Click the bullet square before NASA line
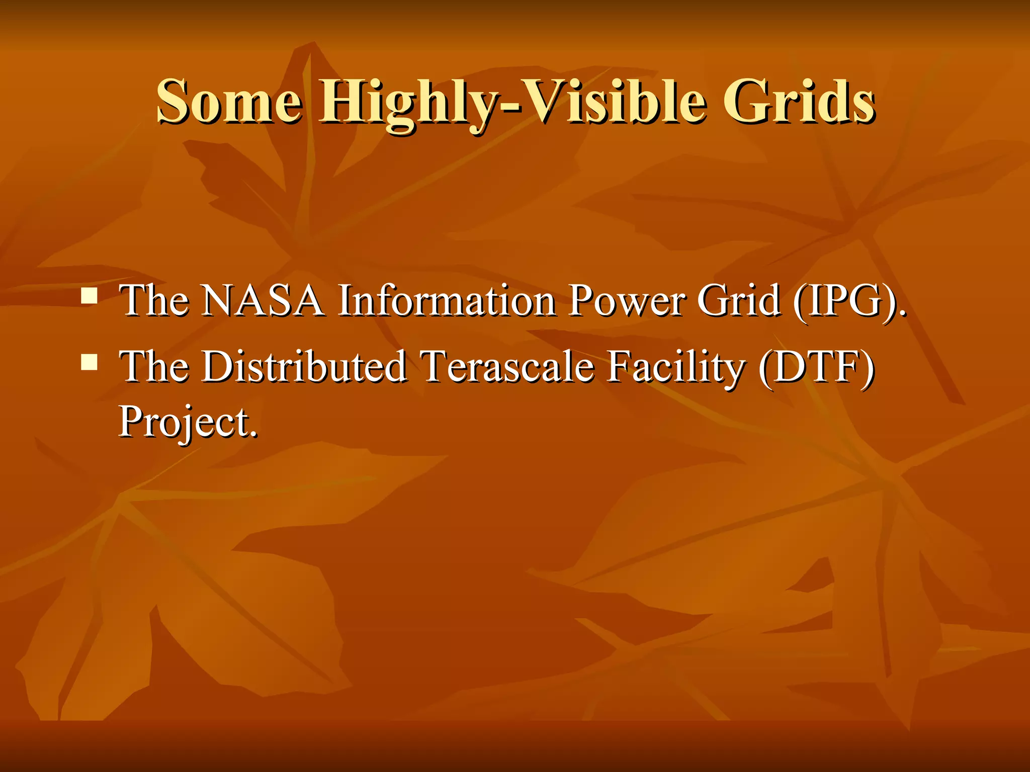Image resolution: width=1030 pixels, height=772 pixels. [x=90, y=296]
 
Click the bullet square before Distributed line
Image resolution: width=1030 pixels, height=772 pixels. [x=90, y=361]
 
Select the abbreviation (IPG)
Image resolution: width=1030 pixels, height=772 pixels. [x=849, y=302]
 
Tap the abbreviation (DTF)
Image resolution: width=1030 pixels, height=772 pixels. [x=817, y=367]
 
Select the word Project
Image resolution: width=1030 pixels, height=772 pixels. [x=184, y=422]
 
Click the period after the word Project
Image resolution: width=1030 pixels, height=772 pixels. [x=253, y=433]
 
